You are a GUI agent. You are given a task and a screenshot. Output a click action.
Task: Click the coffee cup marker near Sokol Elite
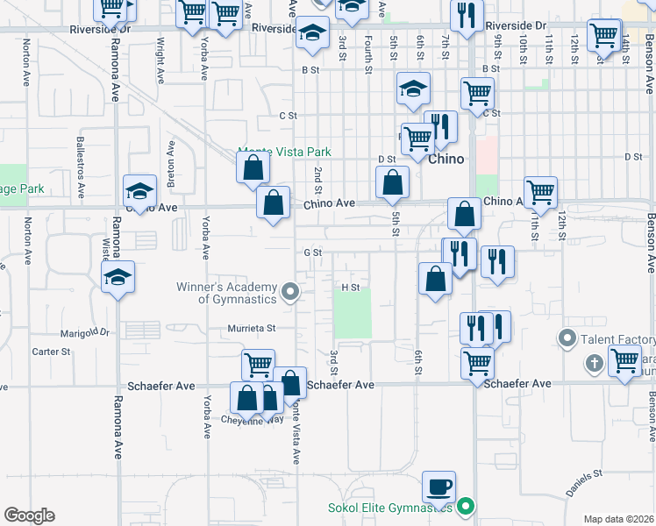[439, 487]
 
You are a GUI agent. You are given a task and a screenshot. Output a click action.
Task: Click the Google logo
[29, 515]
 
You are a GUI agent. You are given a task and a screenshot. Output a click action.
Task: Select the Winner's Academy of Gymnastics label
[237, 293]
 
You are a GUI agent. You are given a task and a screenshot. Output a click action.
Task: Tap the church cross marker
[594, 362]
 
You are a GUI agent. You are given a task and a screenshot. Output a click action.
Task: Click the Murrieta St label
[253, 328]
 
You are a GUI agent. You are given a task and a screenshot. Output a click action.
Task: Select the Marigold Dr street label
[84, 333]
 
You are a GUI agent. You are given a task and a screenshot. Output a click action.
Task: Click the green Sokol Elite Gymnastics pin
[467, 506]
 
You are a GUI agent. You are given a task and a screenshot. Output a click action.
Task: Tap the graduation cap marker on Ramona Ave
[118, 278]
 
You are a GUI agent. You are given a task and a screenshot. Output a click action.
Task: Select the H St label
[351, 287]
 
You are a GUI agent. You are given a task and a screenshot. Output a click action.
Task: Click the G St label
[313, 252]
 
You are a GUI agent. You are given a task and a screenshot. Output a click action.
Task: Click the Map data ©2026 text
[618, 519]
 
